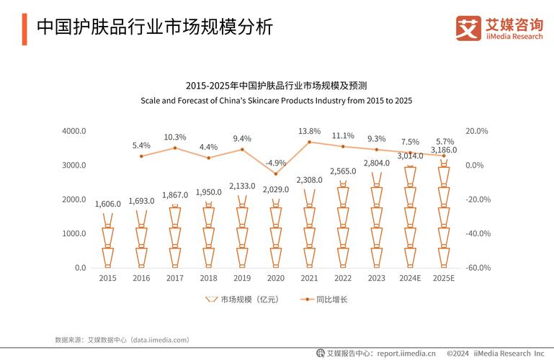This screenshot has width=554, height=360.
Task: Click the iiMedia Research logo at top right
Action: [x=499, y=28]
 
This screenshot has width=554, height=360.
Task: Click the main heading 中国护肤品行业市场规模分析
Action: [x=155, y=27]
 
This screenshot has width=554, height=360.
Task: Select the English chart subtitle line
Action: [x=276, y=100]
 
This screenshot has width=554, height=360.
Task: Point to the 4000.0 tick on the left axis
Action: [x=74, y=131]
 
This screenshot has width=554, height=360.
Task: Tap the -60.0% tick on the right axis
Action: [x=478, y=268]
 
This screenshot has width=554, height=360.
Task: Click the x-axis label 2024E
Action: [x=410, y=278]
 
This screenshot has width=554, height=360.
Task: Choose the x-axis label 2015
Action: [x=107, y=278]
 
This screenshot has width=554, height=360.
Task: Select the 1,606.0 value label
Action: [x=107, y=204]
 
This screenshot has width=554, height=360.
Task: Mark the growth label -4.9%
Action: [x=275, y=163]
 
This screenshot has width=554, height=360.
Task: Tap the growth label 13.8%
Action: [x=309, y=131]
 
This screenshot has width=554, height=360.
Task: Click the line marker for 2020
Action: [x=275, y=174]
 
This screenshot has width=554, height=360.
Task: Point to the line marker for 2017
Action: [x=175, y=148]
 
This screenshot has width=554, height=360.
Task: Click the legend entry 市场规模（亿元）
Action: [x=242, y=299]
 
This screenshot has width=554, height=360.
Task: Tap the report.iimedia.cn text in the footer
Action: [x=406, y=353]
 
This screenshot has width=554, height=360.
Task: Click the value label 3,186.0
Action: [x=444, y=150]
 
